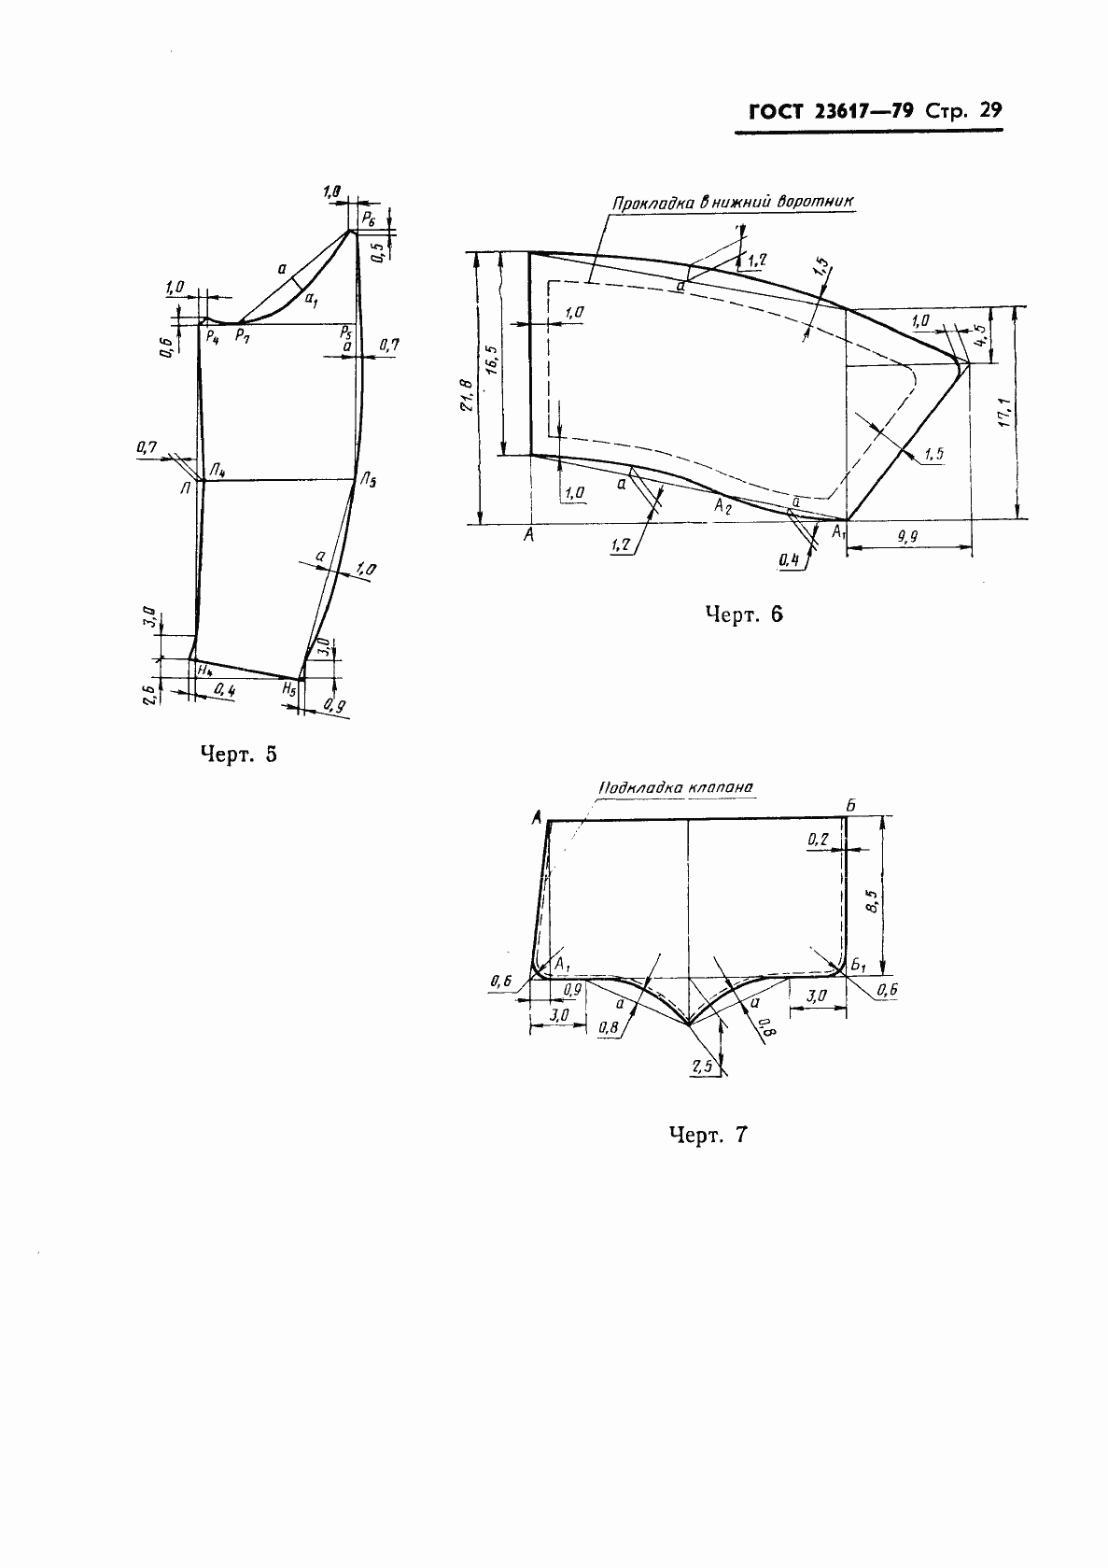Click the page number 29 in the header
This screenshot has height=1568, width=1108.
pyautogui.click(x=990, y=110)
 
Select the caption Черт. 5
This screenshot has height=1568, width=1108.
pyautogui.click(x=239, y=754)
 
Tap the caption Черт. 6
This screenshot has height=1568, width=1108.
pyautogui.click(x=744, y=614)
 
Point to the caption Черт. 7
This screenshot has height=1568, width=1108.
pyautogui.click(x=708, y=1134)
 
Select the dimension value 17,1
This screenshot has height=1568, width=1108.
pyautogui.click(x=1004, y=412)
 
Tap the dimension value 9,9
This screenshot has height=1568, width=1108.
pyautogui.click(x=907, y=536)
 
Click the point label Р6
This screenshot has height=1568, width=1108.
pyautogui.click(x=369, y=219)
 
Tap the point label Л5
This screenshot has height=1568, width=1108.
pyautogui.click(x=369, y=480)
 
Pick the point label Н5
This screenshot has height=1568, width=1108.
pyautogui.click(x=288, y=689)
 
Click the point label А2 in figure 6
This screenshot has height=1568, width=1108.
pyautogui.click(x=722, y=506)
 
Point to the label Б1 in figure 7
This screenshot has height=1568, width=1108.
pyautogui.click(x=859, y=967)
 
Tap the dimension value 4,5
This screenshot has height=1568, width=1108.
pyautogui.click(x=981, y=337)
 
